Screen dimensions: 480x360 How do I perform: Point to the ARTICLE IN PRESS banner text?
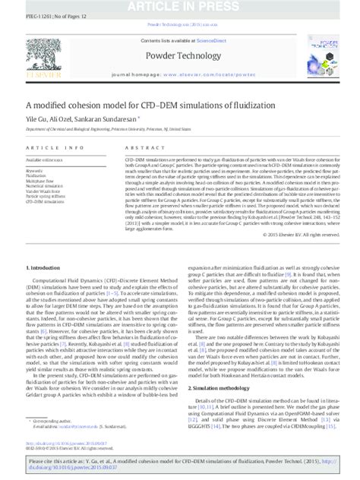tap(180, 6)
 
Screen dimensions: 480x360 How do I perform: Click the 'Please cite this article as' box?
tap(180, 464)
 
